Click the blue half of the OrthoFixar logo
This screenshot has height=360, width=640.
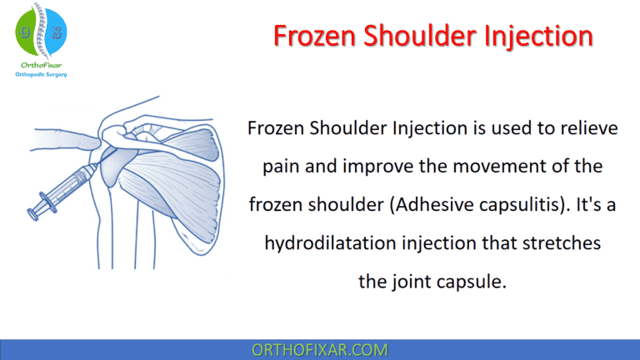[54, 32]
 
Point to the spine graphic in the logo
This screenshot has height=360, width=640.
[41, 32]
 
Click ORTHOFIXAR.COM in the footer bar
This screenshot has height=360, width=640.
[319, 349]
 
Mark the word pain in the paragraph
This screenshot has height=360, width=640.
[281, 167]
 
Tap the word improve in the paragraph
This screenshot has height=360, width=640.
[370, 167]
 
